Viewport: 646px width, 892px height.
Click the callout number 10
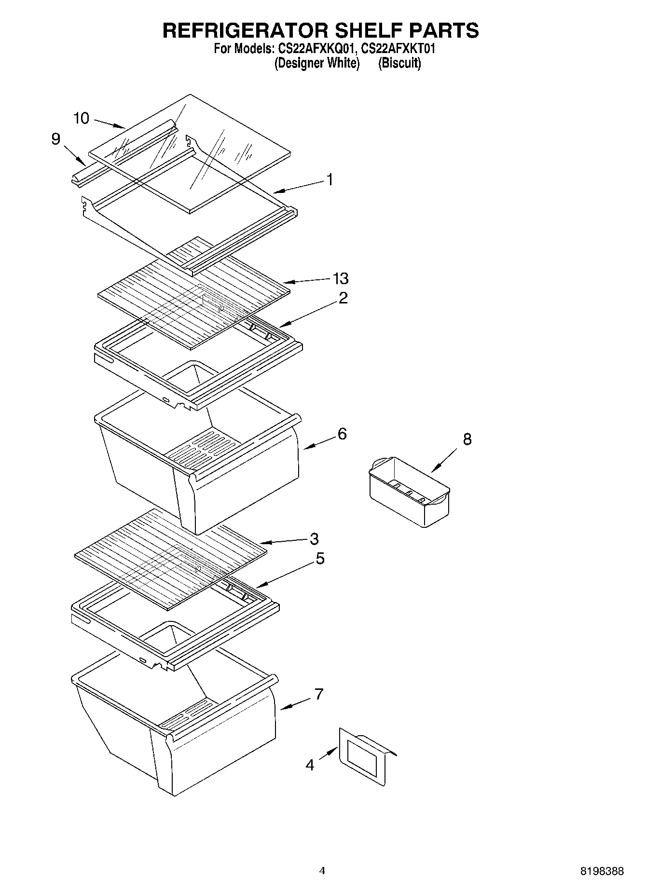click(x=82, y=118)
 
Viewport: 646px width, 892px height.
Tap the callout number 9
click(x=56, y=139)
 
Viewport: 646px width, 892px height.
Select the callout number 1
click(x=330, y=180)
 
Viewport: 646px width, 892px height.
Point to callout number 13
click(x=341, y=278)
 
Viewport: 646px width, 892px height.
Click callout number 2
click(x=343, y=298)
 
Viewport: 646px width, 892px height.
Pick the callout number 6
click(x=342, y=434)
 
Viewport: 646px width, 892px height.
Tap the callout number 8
click(x=467, y=439)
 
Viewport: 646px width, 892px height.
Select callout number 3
click(x=314, y=538)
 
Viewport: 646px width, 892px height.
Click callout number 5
click(x=320, y=559)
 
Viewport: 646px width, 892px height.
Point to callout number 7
click(x=318, y=694)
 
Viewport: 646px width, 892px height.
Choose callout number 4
click(x=310, y=765)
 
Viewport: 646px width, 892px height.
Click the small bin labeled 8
click(x=409, y=492)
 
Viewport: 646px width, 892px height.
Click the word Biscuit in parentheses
click(x=399, y=63)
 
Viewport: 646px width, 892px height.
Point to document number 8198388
click(x=602, y=871)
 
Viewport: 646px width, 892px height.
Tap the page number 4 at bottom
click(x=322, y=871)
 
